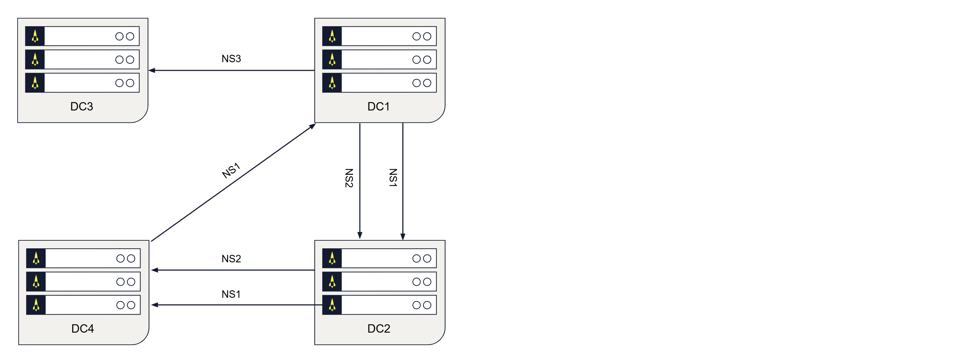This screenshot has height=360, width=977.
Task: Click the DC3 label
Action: [82, 107]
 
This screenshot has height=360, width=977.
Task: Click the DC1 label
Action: [378, 107]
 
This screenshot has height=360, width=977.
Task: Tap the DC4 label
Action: [82, 328]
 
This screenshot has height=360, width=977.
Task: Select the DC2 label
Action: [379, 328]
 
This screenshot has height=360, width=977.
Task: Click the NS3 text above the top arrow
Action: [231, 59]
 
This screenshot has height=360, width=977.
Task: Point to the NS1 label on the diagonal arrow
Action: [231, 170]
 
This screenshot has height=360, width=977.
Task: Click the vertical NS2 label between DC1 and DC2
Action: [349, 178]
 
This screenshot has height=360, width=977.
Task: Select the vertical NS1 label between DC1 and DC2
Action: [393, 178]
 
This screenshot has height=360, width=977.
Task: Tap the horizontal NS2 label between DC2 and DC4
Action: [231, 259]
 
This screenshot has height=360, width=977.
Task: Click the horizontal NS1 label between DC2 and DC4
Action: [231, 294]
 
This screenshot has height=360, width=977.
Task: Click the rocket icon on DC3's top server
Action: [35, 36]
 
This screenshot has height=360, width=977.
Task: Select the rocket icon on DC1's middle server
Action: [332, 60]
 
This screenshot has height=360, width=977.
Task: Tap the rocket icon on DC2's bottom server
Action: [332, 305]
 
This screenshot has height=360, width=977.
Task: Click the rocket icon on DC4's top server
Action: [36, 258]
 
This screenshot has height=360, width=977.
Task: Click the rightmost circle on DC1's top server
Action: [427, 36]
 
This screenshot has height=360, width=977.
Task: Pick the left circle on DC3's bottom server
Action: [119, 83]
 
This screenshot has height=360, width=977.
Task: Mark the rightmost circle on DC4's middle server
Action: [131, 282]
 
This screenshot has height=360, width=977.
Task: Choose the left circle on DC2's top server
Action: [416, 258]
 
